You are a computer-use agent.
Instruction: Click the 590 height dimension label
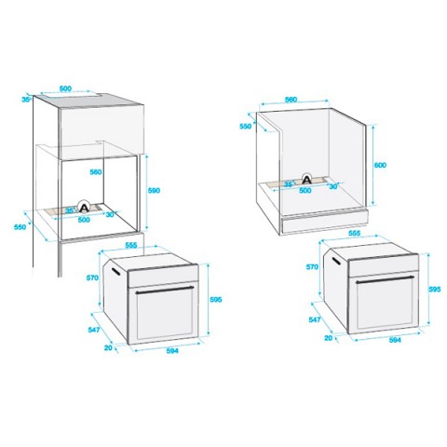pyautogui.click(x=154, y=190)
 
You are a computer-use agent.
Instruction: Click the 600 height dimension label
pyautogui.click(x=380, y=165)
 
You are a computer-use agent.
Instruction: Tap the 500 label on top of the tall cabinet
pyautogui.click(x=65, y=88)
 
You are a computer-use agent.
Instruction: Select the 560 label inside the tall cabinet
pyautogui.click(x=96, y=171)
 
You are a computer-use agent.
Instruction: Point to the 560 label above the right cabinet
pyautogui.click(x=291, y=100)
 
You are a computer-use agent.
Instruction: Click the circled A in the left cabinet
pyautogui.click(x=83, y=207)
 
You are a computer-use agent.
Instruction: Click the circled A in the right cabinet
pyautogui.click(x=307, y=179)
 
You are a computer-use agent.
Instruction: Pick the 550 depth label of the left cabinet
pyautogui.click(x=20, y=227)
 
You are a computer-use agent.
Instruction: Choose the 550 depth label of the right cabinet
pyautogui.click(x=246, y=127)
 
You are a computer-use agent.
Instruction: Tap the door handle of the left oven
pyautogui.click(x=165, y=290)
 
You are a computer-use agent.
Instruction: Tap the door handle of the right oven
pyautogui.click(x=385, y=278)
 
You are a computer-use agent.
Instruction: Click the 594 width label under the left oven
pyautogui.click(x=172, y=350)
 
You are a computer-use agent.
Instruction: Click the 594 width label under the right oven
pyautogui.click(x=395, y=340)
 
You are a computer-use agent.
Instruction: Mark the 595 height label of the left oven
pyautogui.click(x=216, y=300)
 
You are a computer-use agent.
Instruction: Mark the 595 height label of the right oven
pyautogui.click(x=435, y=289)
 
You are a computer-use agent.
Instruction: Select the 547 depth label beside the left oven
pyautogui.click(x=94, y=330)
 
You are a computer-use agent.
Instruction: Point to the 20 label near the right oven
pyautogui.click(x=329, y=338)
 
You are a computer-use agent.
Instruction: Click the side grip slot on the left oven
pyautogui.click(x=115, y=271)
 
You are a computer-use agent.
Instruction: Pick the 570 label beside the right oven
pyautogui.click(x=312, y=267)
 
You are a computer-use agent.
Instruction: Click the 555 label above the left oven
pyautogui.click(x=131, y=245)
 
